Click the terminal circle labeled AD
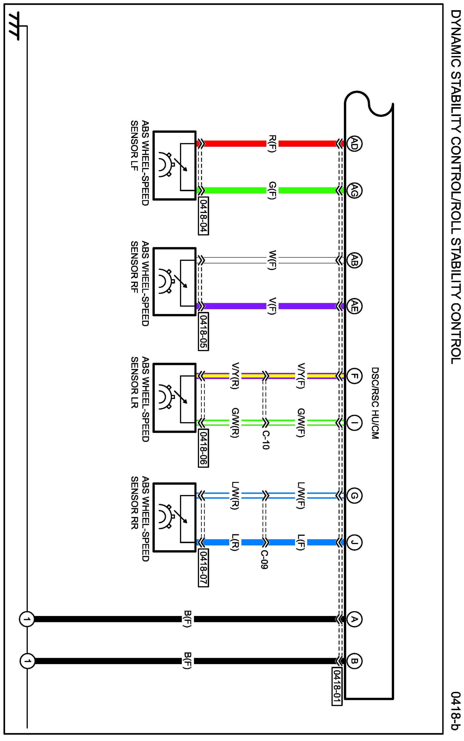click(x=354, y=144)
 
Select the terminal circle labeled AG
click(x=354, y=191)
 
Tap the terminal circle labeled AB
click(x=354, y=260)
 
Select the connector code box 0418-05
click(x=204, y=331)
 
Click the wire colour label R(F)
click(x=272, y=144)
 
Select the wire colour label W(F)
click(x=272, y=260)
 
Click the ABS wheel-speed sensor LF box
click(x=174, y=166)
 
